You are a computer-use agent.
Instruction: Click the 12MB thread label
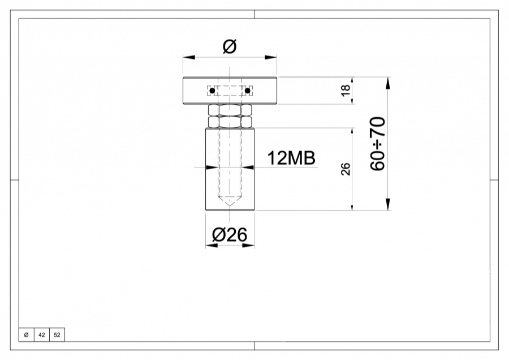coord(291,158)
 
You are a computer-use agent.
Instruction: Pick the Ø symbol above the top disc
coord(229,46)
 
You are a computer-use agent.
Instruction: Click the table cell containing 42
coord(41,335)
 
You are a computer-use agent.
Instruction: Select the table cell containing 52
coord(57,335)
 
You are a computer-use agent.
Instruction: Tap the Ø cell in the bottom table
coord(26,335)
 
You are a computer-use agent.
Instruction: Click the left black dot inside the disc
coord(212,91)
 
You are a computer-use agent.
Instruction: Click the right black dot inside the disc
coord(247,91)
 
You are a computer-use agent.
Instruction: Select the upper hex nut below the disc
coord(230,110)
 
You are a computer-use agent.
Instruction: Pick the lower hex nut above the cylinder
coord(230,121)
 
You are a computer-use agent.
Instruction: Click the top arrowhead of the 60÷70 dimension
coord(388,83)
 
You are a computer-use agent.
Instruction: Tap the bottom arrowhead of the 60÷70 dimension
coord(388,204)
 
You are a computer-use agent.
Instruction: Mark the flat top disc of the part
coord(192,91)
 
